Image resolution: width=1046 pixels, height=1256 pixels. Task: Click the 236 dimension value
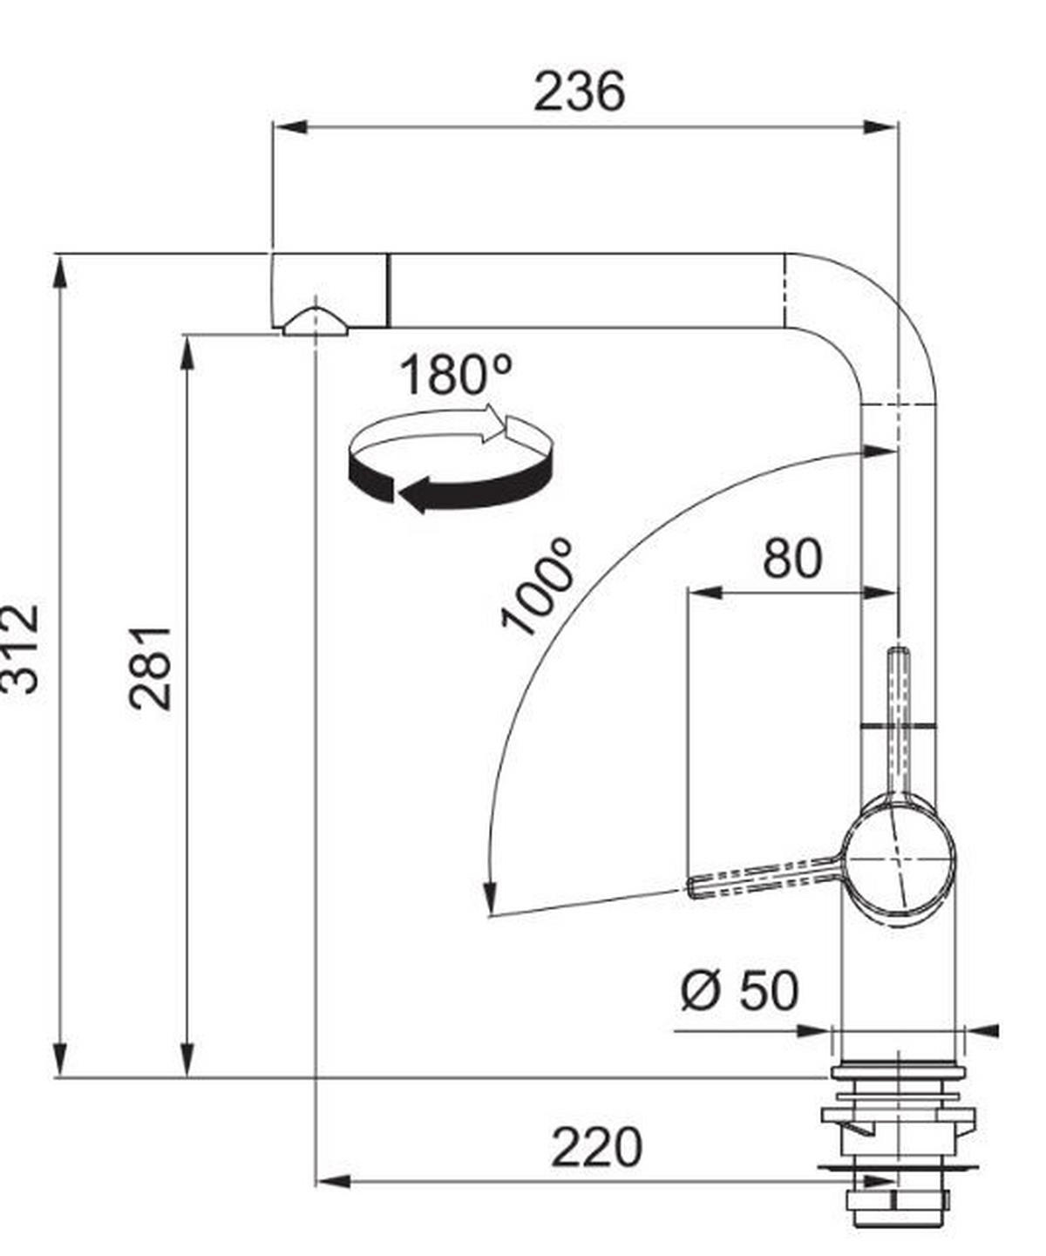pos(579,92)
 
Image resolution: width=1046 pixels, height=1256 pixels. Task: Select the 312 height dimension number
pos(19,648)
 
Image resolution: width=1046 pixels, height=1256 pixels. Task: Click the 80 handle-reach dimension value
pos(791,560)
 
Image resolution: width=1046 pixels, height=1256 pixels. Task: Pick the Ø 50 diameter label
pos(739,991)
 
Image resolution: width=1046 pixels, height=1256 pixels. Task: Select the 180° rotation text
pos(456,376)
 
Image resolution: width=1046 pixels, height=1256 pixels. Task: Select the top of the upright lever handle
pos(899,654)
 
